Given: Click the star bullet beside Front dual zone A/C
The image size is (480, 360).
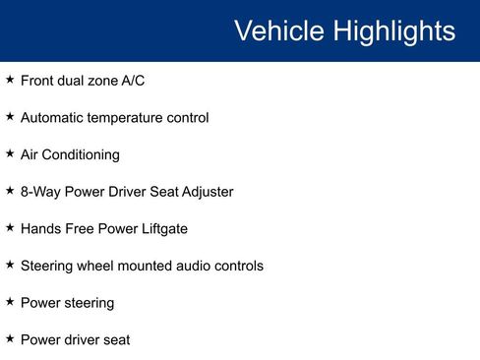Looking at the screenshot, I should point(10,80).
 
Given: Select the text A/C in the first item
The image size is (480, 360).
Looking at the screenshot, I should point(132,81).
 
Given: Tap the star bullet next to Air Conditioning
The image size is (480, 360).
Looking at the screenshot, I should point(10,153).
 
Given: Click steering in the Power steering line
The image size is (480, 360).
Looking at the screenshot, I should point(88,303).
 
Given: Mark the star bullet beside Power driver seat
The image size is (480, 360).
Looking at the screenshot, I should point(10,338).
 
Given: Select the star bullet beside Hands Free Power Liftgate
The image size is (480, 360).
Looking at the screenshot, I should point(10,227).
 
